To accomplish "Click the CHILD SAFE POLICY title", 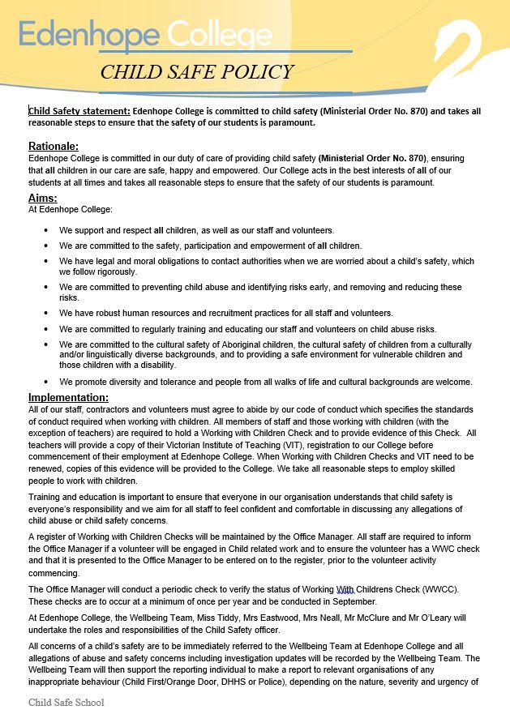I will tap(196, 72).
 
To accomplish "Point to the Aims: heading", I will tap(43, 198).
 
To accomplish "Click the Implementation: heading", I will tap(68, 397).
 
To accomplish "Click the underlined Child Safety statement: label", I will tap(79, 111).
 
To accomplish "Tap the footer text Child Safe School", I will tap(66, 702).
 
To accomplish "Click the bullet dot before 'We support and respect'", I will tap(45, 231).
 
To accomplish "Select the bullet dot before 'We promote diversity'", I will tap(45, 382).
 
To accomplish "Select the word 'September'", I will tap(351, 601).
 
